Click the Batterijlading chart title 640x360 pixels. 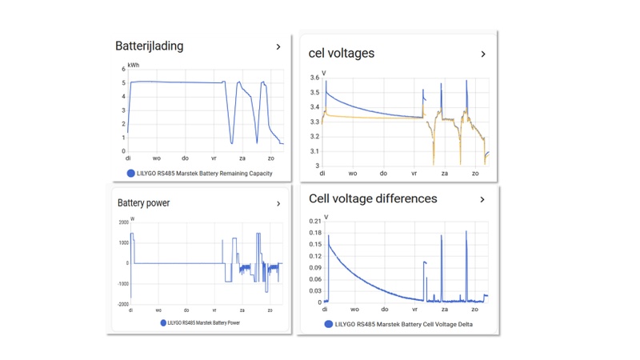pos(149,46)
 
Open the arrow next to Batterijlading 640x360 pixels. pos(278,47)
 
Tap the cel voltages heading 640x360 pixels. pos(342,54)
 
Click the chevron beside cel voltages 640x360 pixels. pos(483,54)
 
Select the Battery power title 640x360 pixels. pos(143,203)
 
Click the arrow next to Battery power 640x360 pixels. pos(278,204)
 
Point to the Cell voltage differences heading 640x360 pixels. pos(373,198)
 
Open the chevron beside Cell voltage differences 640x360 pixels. pos(482,199)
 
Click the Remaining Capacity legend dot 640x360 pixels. pos(130,173)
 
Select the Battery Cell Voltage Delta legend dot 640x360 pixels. pos(329,324)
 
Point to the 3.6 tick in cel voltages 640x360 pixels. pos(314,78)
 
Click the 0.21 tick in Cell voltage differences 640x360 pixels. pos(314,221)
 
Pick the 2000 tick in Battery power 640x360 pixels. pos(122,223)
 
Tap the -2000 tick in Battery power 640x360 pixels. pos(122,305)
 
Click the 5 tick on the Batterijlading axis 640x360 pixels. pos(123,82)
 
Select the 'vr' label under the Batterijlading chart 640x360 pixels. pos(214,158)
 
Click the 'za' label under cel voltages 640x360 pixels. pos(445,173)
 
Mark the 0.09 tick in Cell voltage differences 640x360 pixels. pos(314,267)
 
